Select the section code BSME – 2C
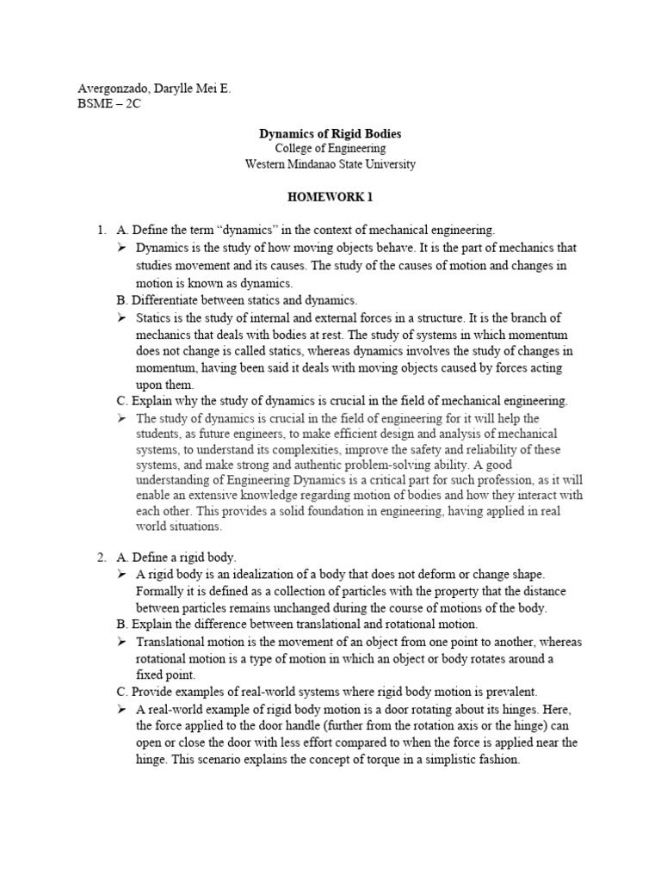tap(108, 104)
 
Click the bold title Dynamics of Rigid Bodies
tap(330, 134)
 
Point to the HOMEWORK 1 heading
tap(330, 196)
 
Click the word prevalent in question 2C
tap(507, 691)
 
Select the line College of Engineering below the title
tap(330, 149)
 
